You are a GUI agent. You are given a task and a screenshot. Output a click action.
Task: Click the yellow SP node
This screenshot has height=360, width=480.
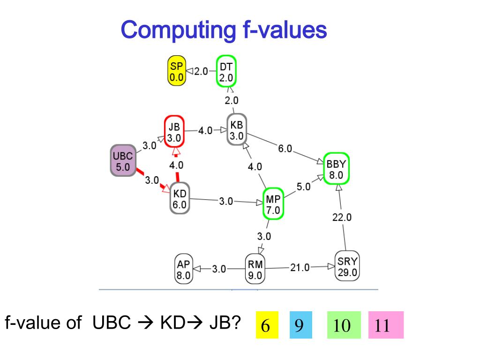(177, 72)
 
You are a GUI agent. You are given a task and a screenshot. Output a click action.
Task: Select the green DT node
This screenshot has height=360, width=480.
(227, 72)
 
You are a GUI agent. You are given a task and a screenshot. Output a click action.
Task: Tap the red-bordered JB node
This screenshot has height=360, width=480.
(174, 132)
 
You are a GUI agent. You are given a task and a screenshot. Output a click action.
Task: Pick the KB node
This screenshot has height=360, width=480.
(237, 130)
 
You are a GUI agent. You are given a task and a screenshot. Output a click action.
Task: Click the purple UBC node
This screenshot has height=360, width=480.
(123, 161)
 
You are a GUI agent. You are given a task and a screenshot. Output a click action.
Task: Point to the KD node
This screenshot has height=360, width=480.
(180, 199)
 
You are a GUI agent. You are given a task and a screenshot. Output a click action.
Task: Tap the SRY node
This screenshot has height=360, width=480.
(347, 267)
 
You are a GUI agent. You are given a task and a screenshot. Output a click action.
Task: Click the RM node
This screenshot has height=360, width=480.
(255, 270)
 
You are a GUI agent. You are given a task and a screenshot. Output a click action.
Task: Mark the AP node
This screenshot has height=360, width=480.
(183, 270)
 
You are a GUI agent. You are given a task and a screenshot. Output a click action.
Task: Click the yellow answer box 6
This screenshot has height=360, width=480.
(266, 324)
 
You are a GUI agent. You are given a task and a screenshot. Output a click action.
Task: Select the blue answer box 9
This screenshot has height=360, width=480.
(297, 324)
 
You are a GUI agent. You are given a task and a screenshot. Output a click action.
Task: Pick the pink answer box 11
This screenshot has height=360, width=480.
(385, 324)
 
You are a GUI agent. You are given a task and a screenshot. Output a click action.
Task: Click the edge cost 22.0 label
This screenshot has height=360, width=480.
(342, 217)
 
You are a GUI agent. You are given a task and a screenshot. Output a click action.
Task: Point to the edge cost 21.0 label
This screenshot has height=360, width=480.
(300, 268)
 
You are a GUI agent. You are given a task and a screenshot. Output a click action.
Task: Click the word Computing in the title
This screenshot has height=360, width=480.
(178, 30)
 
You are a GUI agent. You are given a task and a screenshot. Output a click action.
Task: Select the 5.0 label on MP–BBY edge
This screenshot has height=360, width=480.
(303, 187)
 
